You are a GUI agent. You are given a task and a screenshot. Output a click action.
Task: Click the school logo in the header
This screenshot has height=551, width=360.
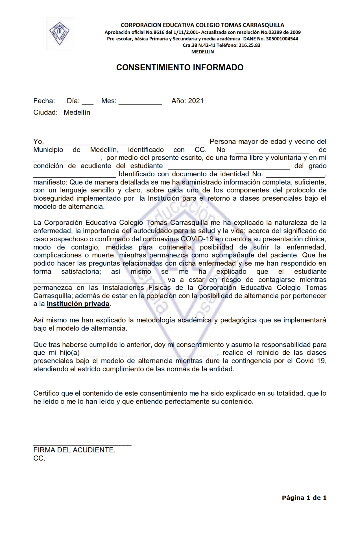click(60, 34)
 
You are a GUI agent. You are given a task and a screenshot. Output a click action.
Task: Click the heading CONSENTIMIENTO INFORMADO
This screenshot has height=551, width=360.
click(180, 68)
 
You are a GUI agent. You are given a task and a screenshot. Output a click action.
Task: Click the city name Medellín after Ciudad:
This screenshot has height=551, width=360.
click(77, 112)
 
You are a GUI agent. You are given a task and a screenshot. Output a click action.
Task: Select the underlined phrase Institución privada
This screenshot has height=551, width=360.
click(78, 304)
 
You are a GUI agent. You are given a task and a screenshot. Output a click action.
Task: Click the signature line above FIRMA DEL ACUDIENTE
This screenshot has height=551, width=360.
click(82, 445)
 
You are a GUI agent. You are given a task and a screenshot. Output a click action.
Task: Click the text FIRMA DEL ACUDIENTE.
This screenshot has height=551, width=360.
click(74, 450)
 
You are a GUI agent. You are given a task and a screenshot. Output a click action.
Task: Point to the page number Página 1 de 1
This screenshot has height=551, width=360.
click(304, 498)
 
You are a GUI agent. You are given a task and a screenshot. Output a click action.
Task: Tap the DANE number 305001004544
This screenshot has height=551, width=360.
click(282, 39)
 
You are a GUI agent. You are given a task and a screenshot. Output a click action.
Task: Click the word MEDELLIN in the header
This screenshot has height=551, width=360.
click(202, 52)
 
